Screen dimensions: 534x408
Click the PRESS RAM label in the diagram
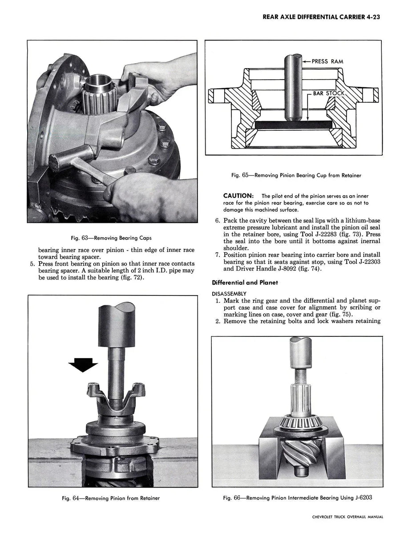[x=327, y=61]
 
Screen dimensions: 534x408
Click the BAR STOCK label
[x=329, y=93]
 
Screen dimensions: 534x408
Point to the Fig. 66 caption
[x=297, y=498]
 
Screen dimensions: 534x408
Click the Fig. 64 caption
[x=111, y=498]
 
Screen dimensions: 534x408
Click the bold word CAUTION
[x=238, y=196]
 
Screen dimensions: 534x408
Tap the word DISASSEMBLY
[x=229, y=293]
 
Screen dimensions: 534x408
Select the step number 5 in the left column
[x=32, y=264]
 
